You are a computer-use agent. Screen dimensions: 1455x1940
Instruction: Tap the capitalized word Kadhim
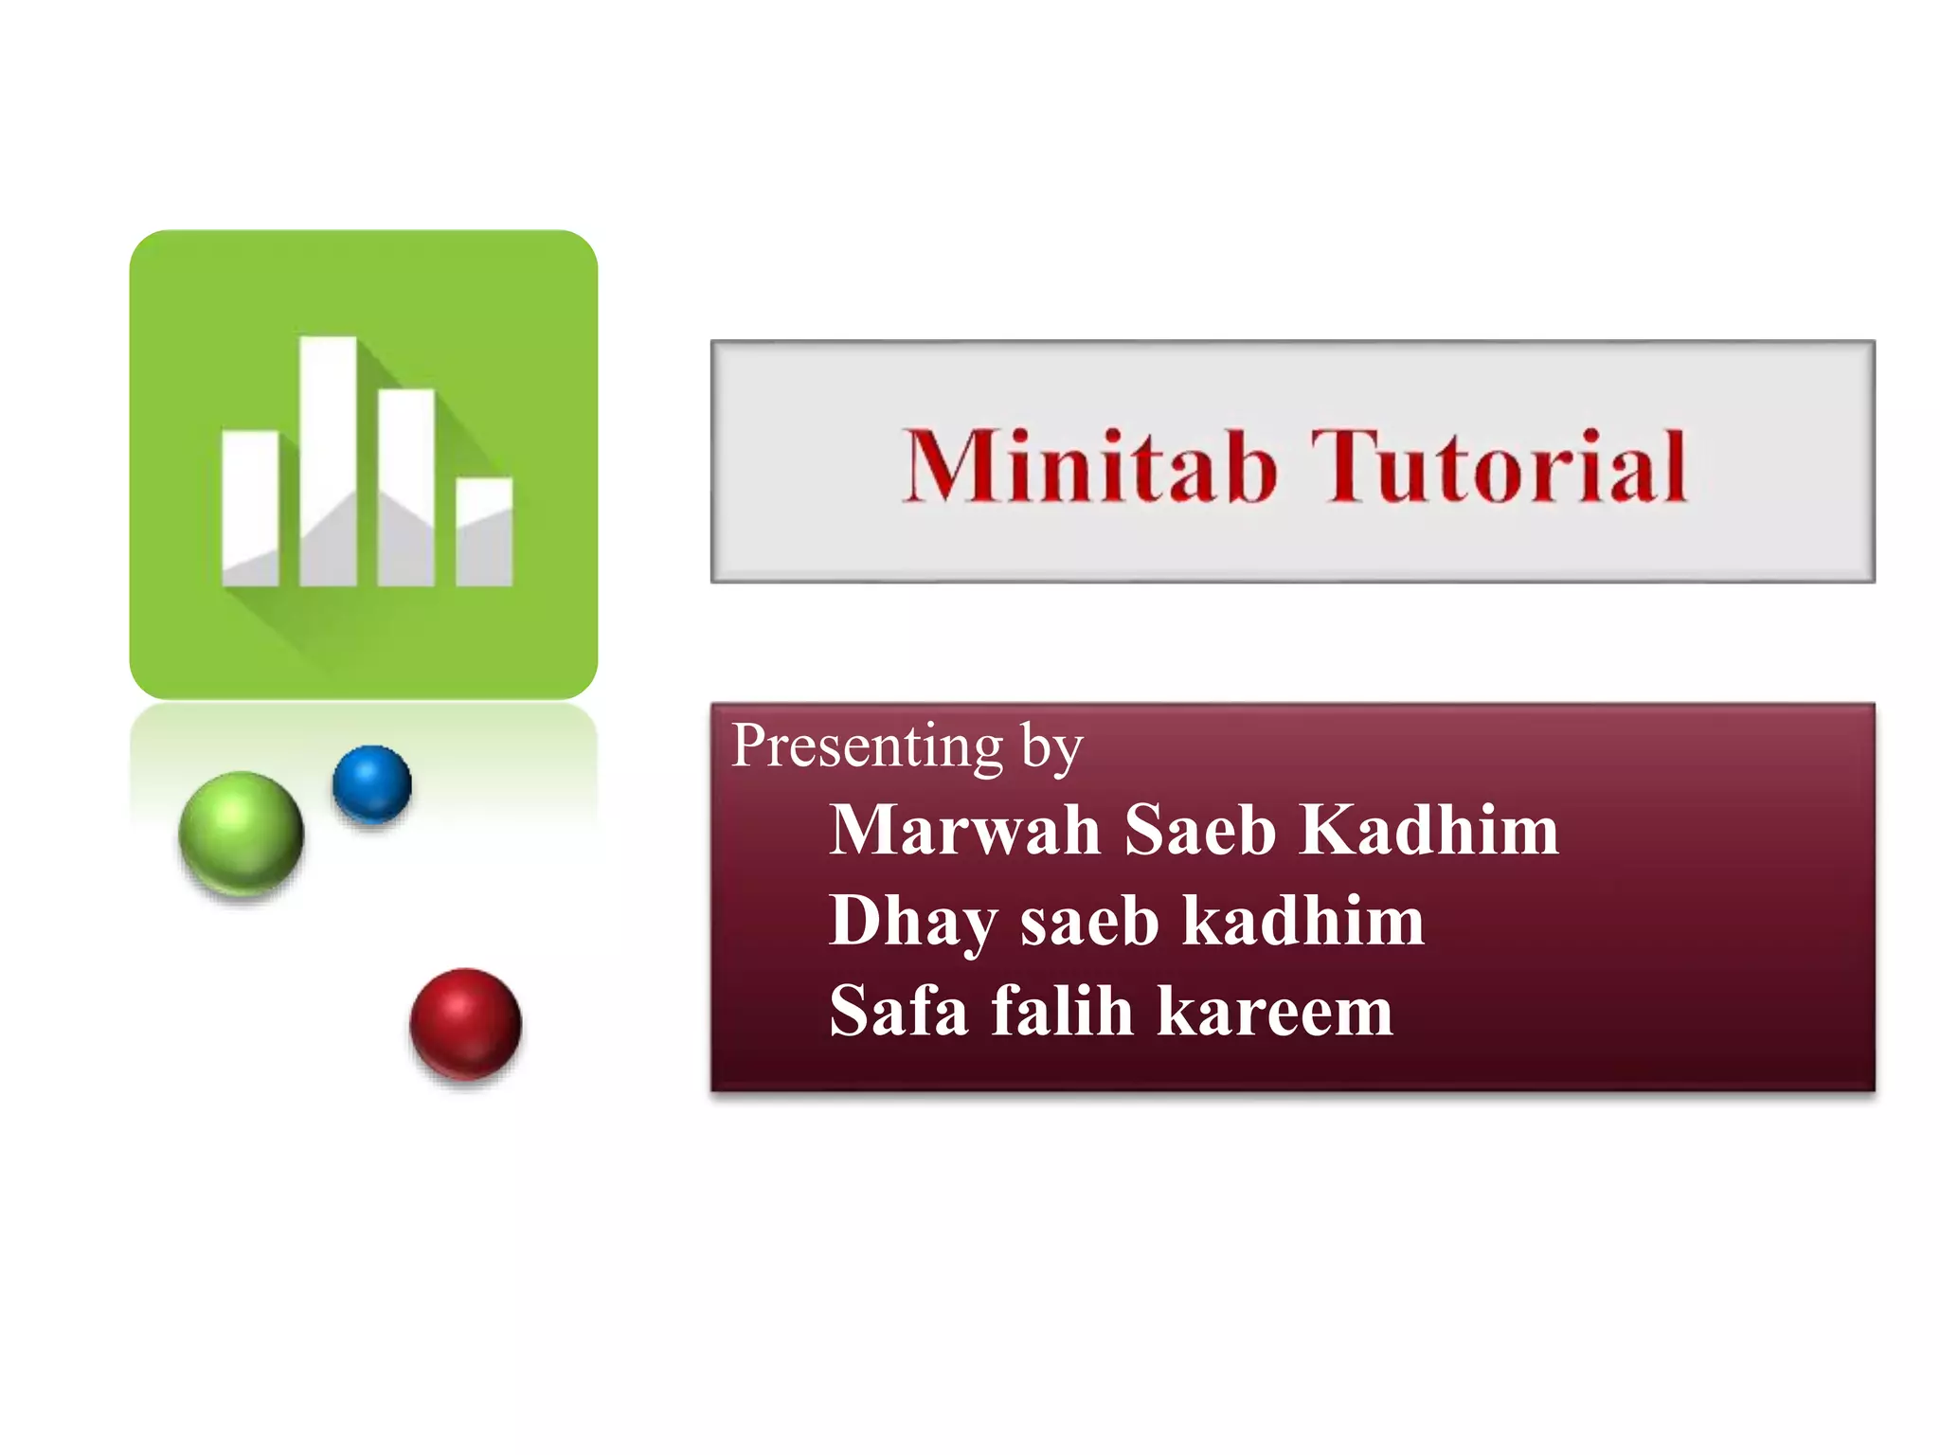click(x=1429, y=830)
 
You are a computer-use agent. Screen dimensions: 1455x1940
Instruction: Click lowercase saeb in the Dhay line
click(x=1089, y=922)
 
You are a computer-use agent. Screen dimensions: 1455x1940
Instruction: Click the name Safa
click(x=898, y=1011)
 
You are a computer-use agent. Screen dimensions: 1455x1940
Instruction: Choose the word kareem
click(x=1275, y=1013)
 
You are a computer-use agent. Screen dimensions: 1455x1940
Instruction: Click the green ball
click(x=241, y=833)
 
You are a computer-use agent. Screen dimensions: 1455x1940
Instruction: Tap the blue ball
click(x=372, y=783)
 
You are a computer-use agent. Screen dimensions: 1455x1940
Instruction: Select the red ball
click(x=465, y=1023)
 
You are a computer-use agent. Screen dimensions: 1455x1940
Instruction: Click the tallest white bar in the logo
click(x=328, y=460)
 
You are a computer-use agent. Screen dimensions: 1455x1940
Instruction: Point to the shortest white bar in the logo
click(x=484, y=531)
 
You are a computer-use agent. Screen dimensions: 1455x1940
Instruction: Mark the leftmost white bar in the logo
click(x=250, y=508)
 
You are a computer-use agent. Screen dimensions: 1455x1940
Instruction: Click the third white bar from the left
click(x=406, y=487)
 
